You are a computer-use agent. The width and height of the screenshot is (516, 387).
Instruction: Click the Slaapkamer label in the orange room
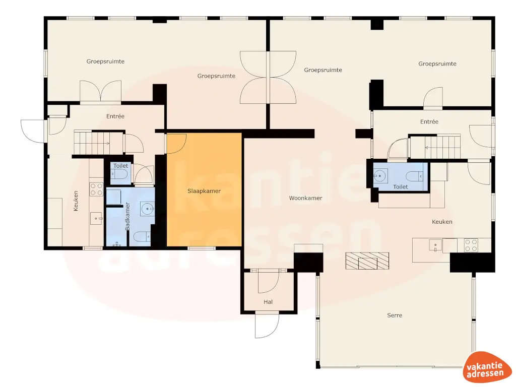(x=204, y=191)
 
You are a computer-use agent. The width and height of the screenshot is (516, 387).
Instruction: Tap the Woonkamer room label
(x=305, y=198)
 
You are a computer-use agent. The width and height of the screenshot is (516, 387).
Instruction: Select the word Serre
(x=395, y=315)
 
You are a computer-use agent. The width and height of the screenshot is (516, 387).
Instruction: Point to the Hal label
(x=268, y=302)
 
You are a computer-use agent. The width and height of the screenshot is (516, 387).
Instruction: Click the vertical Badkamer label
(x=127, y=217)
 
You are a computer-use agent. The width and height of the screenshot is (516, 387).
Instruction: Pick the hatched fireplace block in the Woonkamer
(x=367, y=261)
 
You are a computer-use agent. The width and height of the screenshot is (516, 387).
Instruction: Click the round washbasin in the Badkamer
(x=147, y=208)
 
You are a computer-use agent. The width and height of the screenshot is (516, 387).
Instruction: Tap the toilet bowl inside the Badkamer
(x=143, y=235)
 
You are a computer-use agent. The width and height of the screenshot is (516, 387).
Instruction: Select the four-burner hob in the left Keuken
(x=96, y=189)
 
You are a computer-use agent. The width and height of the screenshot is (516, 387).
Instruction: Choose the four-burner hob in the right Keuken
(x=471, y=245)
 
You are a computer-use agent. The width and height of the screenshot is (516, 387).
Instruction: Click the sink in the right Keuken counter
(x=434, y=245)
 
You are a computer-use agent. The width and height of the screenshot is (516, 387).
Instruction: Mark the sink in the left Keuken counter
(x=96, y=219)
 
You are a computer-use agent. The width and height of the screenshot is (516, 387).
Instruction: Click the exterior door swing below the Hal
(x=266, y=325)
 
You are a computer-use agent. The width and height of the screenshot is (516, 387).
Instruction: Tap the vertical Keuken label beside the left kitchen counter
(x=76, y=201)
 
